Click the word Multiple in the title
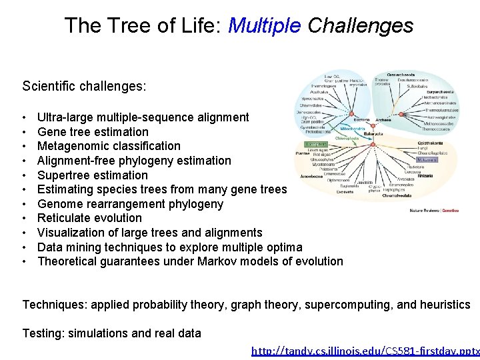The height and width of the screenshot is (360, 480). coord(264,26)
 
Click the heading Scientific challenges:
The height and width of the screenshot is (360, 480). coord(85,87)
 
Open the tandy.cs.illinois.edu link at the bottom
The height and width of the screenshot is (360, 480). coord(365,351)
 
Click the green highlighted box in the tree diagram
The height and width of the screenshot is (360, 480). coord(315,143)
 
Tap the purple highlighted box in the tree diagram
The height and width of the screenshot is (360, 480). coord(427,159)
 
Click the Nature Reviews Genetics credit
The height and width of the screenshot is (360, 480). coord(434,211)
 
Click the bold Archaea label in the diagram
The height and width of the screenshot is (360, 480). coord(383,120)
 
